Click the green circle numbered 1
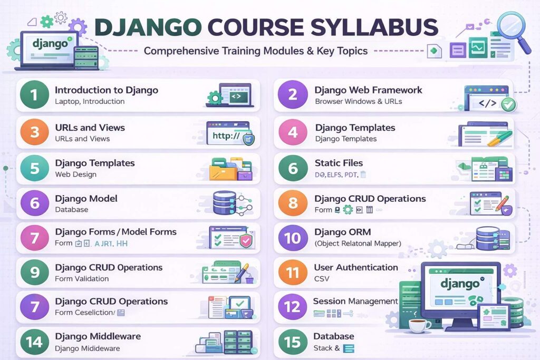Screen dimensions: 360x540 [34, 95]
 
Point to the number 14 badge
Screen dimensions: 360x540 [34, 342]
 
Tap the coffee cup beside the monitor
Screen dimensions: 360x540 [419, 325]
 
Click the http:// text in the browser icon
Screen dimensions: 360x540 [226, 136]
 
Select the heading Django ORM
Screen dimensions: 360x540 [342, 232]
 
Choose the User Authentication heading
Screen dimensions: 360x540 [355, 267]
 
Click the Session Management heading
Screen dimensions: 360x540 [355, 301]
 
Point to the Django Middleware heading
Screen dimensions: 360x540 [98, 336]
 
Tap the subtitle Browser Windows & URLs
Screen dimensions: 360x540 [358, 101]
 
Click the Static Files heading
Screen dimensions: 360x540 [339, 163]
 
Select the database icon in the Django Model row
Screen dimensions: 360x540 [224, 203]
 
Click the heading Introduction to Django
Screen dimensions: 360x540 [106, 90]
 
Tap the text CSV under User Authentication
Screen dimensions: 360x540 [321, 278]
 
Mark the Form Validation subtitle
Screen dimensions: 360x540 [82, 278]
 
